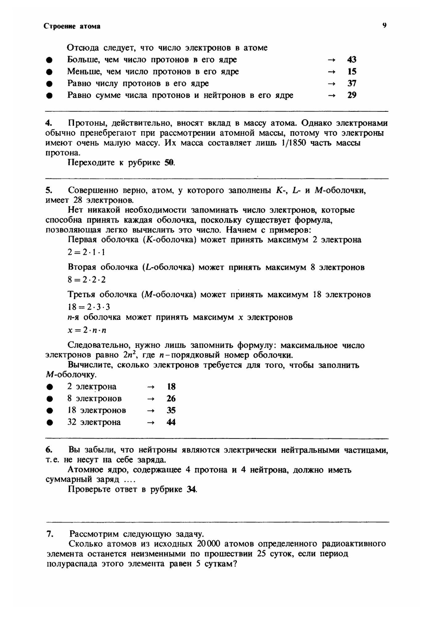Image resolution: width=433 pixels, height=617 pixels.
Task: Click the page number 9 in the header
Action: click(384, 26)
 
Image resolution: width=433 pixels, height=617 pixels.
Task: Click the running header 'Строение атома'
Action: click(72, 26)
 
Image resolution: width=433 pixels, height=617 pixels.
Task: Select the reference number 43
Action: click(352, 60)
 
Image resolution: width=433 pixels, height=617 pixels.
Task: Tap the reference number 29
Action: click(352, 95)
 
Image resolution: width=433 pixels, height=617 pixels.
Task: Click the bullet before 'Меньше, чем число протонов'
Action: click(50, 72)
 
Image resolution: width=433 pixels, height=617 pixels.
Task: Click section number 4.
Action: click(49, 123)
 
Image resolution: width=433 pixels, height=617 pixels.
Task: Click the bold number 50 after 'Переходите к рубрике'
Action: click(169, 163)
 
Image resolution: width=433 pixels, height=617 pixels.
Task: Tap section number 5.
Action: click(49, 191)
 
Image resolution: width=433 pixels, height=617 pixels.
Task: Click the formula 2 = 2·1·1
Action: click(86, 252)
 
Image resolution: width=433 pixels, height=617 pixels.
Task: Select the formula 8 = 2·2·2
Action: click(87, 279)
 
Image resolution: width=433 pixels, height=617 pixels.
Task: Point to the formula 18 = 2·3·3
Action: click(89, 307)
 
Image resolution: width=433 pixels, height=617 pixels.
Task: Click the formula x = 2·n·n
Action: click(87, 330)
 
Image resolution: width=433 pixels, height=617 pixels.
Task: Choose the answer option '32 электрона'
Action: click(94, 422)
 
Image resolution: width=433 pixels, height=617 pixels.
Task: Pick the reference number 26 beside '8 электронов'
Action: click(171, 399)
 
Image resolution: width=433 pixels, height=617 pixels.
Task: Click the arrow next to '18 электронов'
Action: click(150, 411)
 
